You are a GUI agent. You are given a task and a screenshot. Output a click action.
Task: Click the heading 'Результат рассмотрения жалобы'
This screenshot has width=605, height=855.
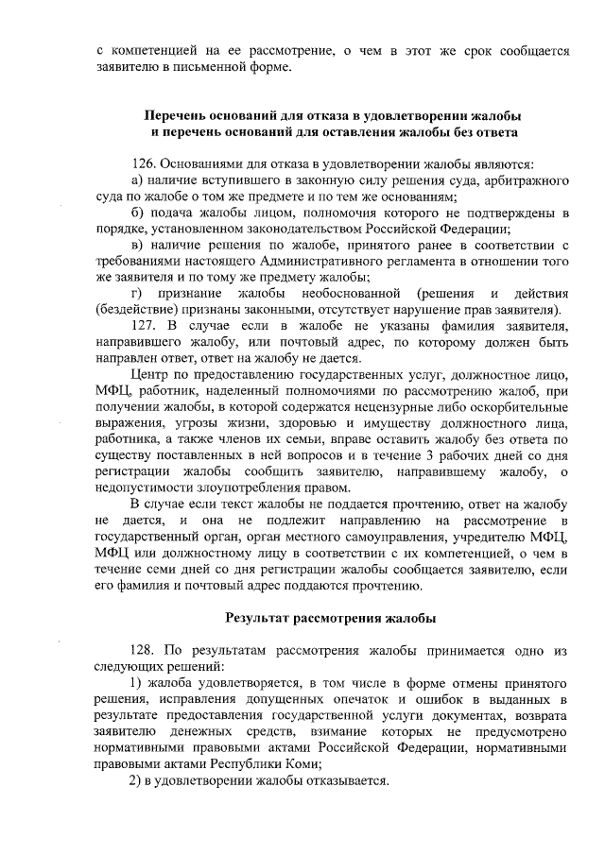coord(330,619)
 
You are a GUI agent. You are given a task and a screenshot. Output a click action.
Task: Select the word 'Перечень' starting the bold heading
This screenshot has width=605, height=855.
coord(174,114)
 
